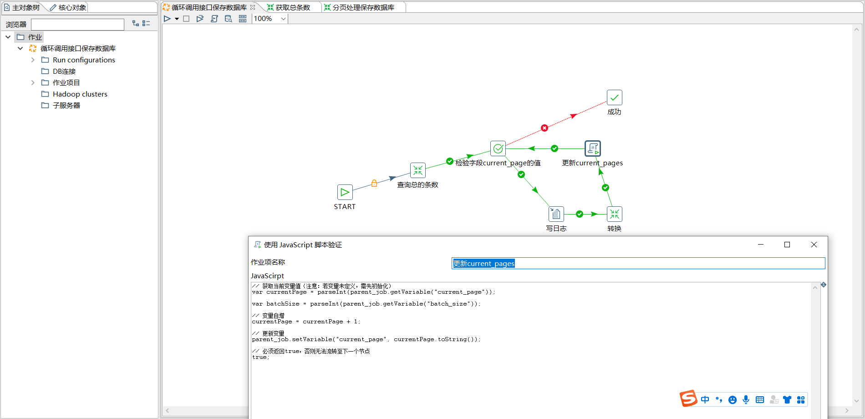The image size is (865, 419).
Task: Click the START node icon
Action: click(x=345, y=192)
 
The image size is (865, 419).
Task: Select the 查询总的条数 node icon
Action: click(x=417, y=170)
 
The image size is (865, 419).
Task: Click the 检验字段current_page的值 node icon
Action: click(x=498, y=148)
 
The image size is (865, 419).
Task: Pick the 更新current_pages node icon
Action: click(x=593, y=148)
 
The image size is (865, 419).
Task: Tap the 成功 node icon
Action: click(x=615, y=97)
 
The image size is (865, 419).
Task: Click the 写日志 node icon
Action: click(x=556, y=214)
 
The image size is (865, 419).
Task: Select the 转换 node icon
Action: click(x=615, y=214)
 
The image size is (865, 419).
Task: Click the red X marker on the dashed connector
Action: click(x=544, y=128)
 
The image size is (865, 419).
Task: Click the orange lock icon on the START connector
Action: click(x=374, y=183)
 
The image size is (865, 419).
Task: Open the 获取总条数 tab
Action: click(x=289, y=7)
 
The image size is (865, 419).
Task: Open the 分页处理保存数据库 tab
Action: click(x=359, y=7)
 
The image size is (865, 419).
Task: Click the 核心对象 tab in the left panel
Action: click(x=68, y=7)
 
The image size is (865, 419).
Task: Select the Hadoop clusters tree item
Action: click(x=80, y=94)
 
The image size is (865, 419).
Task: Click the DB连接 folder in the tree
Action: click(x=64, y=71)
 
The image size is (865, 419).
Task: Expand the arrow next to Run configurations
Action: click(x=33, y=60)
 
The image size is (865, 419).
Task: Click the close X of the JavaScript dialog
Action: click(x=814, y=245)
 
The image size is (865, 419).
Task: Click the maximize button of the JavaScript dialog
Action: click(x=787, y=245)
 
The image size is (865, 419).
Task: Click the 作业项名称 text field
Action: click(x=638, y=263)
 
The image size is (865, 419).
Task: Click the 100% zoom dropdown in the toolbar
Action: click(x=270, y=19)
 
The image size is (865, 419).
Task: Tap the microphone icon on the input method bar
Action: click(x=746, y=399)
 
